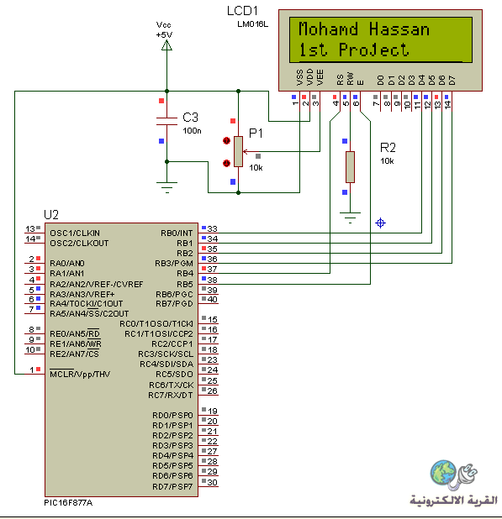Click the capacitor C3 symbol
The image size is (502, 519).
pos(166,121)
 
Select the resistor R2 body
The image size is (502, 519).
pos(351,167)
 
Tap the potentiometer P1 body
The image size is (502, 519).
pos(238,152)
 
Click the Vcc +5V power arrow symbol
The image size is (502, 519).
pos(166,45)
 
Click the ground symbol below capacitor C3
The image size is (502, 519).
pos(166,187)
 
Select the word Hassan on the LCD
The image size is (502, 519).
pos(399,29)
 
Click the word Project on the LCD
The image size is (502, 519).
pos(373,50)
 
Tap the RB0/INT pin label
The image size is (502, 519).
pos(177,233)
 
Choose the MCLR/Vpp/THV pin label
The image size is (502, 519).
pos(80,375)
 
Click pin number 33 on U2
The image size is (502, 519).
pos(212,228)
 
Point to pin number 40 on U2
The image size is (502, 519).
pos(212,300)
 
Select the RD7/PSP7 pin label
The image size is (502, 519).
pos(172,486)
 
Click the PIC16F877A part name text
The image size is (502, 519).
pos(68,503)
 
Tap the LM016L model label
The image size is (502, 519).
pos(253,24)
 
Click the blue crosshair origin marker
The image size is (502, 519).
pos(380,223)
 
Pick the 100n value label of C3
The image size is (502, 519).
pos(193,131)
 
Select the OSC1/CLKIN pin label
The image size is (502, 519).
pos(75,233)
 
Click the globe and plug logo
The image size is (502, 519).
pos(453,475)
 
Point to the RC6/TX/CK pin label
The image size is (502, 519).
pos(172,385)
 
